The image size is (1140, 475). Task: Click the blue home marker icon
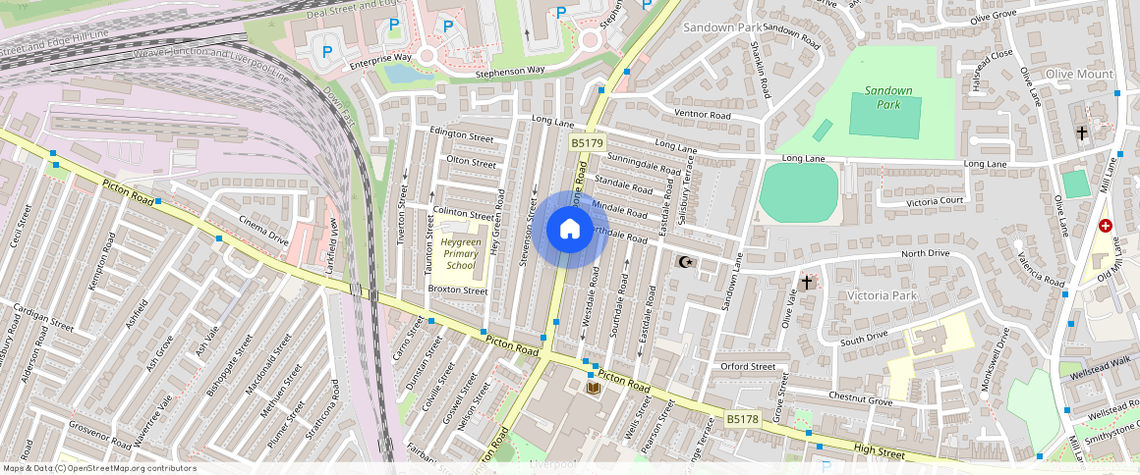pos(569,230)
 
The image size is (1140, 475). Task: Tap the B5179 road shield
pos(587,143)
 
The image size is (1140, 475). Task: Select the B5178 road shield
pos(743,419)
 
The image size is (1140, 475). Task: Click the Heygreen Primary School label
pos(460,253)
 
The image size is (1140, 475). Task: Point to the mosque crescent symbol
pos(686,262)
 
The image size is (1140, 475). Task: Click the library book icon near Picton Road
pos(594,390)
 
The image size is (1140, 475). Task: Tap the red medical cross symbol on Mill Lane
pos(1106,227)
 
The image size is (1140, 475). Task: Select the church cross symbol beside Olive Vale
pos(807,283)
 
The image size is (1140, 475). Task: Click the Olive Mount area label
pos(1079,75)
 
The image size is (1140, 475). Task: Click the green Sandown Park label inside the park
pos(888,97)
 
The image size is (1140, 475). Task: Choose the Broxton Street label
pos(458,290)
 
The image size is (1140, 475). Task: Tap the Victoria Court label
pos(935,201)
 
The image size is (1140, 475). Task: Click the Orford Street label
pos(748,367)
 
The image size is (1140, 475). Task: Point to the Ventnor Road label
pos(703,115)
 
